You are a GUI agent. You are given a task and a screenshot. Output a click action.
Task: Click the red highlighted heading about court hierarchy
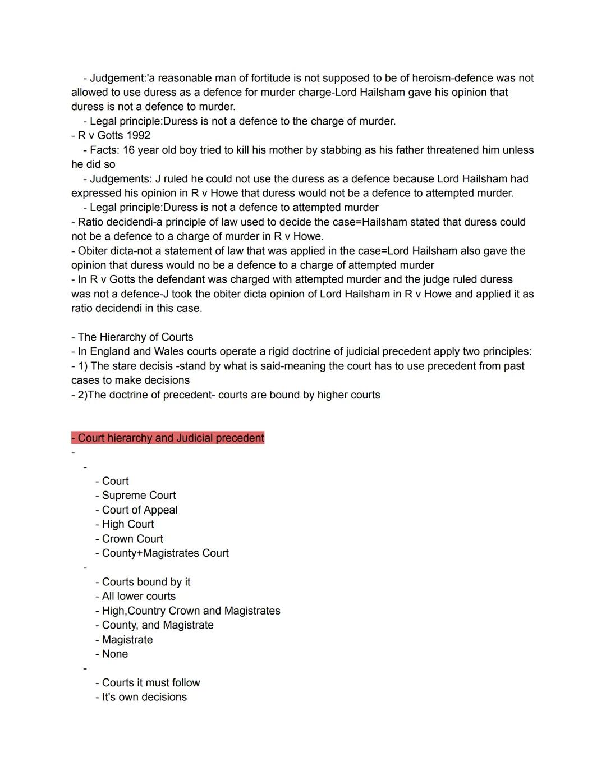point(168,438)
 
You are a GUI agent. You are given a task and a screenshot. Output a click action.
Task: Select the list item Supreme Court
point(139,496)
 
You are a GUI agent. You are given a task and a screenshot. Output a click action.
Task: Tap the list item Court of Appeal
point(140,510)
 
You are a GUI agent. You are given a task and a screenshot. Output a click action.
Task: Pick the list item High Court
point(128,524)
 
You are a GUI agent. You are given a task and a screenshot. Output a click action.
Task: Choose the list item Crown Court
point(132,539)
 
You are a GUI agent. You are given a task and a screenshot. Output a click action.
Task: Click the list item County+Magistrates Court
point(165,553)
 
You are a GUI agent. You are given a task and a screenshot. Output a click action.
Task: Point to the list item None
point(115,654)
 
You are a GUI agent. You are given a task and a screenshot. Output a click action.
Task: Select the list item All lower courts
point(139,596)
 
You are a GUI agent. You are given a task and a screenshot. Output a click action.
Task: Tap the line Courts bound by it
point(146,582)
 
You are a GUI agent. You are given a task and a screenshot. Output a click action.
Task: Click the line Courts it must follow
point(151,682)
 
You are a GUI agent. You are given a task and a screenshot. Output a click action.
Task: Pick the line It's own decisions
point(144,697)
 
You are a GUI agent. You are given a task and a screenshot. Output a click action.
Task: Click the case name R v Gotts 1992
point(114,135)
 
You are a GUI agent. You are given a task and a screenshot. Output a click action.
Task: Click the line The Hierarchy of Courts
point(135,337)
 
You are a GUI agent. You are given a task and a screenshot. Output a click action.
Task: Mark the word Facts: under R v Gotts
point(104,150)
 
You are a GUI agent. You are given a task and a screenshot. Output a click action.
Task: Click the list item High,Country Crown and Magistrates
point(191,611)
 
